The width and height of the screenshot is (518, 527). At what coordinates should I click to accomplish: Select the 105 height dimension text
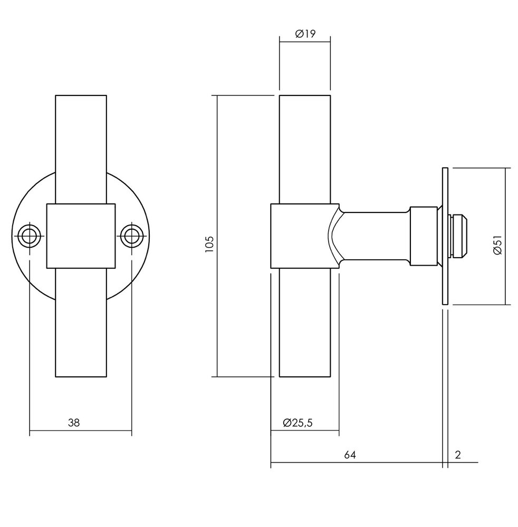pyautogui.click(x=209, y=245)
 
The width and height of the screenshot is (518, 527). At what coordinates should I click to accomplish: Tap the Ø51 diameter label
pyautogui.click(x=497, y=246)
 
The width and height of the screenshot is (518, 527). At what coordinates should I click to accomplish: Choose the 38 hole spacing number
pyautogui.click(x=74, y=422)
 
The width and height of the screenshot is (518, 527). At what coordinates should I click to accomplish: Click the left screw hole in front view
pyautogui.click(x=29, y=236)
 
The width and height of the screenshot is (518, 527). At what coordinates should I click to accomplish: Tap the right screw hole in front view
pyautogui.click(x=131, y=236)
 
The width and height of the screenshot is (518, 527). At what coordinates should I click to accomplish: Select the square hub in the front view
pyautogui.click(x=81, y=236)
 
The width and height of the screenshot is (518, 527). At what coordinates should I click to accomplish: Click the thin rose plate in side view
pyautogui.click(x=445, y=236)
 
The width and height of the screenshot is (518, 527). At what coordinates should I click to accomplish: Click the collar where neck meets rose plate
pyautogui.click(x=423, y=236)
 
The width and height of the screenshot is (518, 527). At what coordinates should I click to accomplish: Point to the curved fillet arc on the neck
pyautogui.click(x=333, y=236)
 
